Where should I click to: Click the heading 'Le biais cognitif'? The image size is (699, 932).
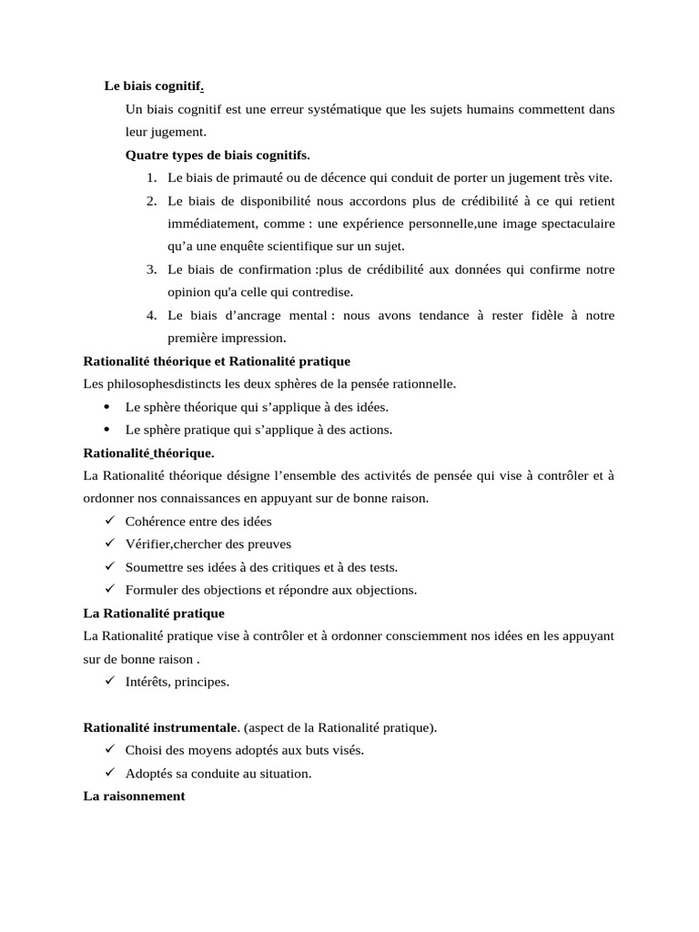coord(153,86)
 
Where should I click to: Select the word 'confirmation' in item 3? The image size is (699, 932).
coord(274,269)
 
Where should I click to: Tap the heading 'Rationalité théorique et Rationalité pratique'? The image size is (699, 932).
coord(217,361)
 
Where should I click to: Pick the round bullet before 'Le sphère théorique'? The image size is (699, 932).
coord(107,407)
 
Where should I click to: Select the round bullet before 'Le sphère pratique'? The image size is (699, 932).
coord(107,430)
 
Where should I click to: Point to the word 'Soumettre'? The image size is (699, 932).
coord(154,567)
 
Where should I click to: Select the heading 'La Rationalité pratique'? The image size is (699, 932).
coord(154,613)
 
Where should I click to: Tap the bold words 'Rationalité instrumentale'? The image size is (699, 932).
coord(160,727)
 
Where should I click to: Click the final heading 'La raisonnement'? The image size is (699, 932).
coord(134,795)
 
